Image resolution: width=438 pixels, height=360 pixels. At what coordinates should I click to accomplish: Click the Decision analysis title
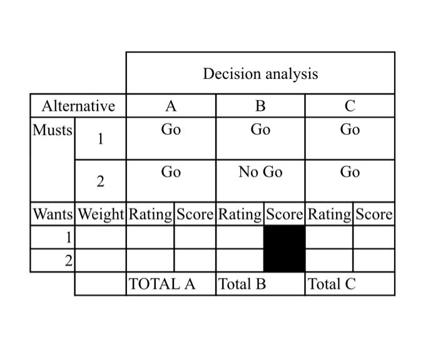[x=260, y=74]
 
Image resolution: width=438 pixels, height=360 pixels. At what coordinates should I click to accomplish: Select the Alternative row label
[x=78, y=106]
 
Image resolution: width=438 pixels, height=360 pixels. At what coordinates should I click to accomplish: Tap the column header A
[x=171, y=106]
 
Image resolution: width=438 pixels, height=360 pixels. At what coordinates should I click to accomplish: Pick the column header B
[x=260, y=106]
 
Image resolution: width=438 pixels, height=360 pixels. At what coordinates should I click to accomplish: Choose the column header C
[x=350, y=106]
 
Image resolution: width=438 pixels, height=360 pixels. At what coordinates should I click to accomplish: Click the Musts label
[x=52, y=131]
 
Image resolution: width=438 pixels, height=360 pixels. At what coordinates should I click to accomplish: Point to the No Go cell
[x=260, y=172]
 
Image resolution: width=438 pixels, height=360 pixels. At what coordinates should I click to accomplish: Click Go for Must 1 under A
[x=171, y=130]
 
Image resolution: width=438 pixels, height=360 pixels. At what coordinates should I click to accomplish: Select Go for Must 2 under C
[x=350, y=172]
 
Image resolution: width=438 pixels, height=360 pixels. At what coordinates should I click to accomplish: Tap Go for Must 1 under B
[x=260, y=130]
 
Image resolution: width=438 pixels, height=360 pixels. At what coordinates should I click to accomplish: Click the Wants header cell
[x=53, y=214]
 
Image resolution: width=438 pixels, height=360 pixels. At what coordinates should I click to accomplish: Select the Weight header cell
[x=101, y=214]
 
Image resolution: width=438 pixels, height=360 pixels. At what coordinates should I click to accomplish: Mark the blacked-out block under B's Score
[x=285, y=249]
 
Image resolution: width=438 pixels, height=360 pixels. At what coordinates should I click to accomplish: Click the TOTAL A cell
[x=161, y=284]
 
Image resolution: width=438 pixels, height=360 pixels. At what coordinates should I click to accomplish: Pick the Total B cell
[x=242, y=284]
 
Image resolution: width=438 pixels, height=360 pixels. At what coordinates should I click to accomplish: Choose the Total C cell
[x=332, y=284]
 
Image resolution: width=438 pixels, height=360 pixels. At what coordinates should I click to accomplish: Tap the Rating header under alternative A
[x=150, y=214]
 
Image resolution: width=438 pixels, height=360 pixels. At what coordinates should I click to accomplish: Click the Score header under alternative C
[x=374, y=214]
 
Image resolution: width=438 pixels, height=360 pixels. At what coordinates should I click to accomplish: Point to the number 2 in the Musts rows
[x=100, y=182]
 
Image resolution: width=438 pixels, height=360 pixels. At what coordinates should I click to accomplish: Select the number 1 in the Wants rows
[x=68, y=237]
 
